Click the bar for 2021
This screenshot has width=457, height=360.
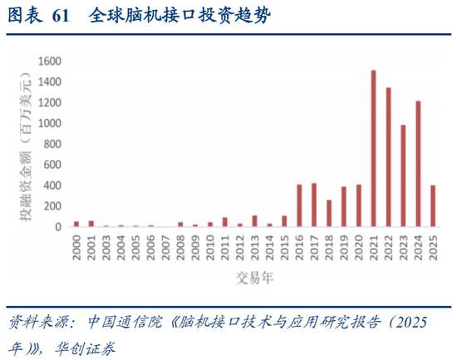(x=373, y=149)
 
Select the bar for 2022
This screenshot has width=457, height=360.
(x=388, y=157)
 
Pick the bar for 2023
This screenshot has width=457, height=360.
(x=403, y=175)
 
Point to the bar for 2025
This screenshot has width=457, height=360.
(x=433, y=205)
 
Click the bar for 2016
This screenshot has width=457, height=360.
(x=299, y=205)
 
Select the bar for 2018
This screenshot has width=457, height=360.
(x=329, y=213)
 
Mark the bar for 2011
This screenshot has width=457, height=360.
(x=225, y=222)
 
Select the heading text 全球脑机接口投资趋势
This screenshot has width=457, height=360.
(x=179, y=15)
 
